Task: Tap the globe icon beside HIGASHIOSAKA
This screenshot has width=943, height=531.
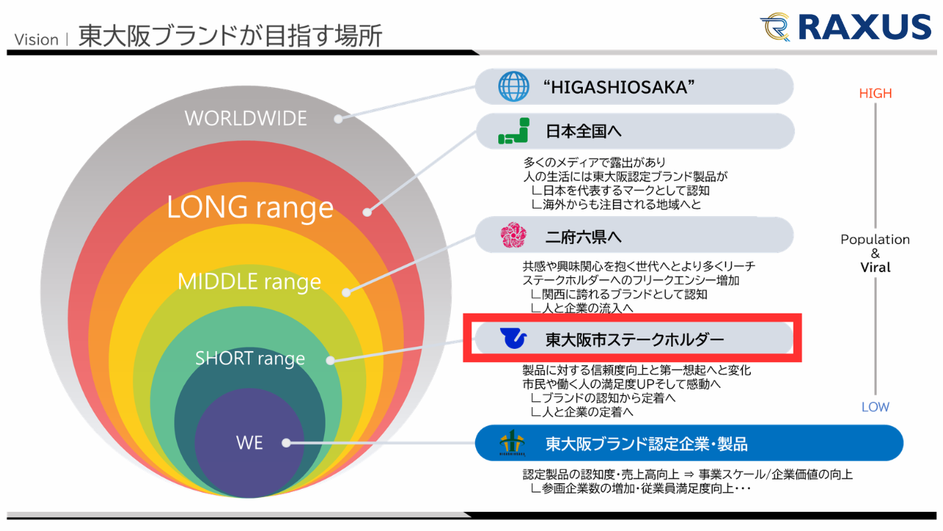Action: pos(513,87)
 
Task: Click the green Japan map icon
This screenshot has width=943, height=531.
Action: pos(513,131)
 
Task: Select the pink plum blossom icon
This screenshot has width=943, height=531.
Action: pos(513,236)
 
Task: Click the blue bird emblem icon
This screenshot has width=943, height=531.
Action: pos(513,339)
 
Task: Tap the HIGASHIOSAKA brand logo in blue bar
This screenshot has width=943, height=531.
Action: pos(513,443)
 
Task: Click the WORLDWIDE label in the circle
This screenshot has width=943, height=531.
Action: pos(245,118)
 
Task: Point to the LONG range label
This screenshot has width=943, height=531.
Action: pos(250,207)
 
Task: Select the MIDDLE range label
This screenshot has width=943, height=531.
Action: pos(249,281)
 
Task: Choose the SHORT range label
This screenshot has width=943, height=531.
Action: pos(250,358)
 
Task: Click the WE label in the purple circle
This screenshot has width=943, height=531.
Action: pos(249,442)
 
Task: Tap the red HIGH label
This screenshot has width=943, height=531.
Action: pos(875,94)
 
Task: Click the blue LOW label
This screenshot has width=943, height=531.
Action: pos(875,406)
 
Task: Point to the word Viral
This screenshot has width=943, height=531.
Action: pos(875,268)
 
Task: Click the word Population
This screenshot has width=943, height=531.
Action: pos(875,240)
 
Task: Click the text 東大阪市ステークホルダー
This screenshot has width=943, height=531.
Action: pos(634,340)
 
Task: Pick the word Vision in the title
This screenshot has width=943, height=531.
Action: pos(36,39)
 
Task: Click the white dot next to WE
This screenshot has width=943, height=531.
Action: pos(287,443)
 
